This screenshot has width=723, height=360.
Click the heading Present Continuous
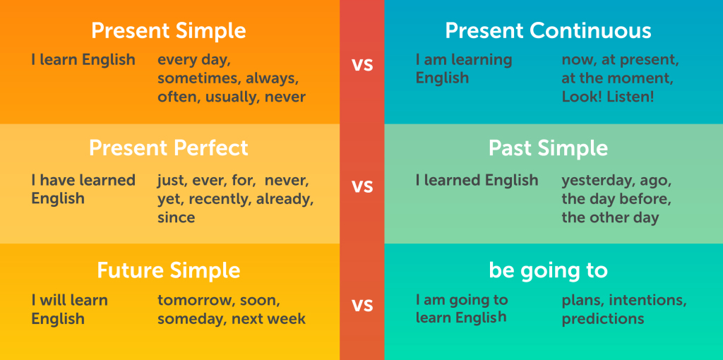point(548,31)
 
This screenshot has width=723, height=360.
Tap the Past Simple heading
point(548,148)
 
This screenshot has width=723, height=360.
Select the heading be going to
point(548,271)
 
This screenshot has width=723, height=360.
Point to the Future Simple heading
point(168,270)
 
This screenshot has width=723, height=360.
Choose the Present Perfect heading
point(168,148)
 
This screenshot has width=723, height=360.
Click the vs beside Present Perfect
point(362,186)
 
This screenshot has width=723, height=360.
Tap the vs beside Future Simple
point(362,305)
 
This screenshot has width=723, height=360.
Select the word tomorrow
point(193,301)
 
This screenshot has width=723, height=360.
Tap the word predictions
point(603,319)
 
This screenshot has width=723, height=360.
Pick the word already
point(285,200)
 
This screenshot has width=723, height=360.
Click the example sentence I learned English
point(477,180)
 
